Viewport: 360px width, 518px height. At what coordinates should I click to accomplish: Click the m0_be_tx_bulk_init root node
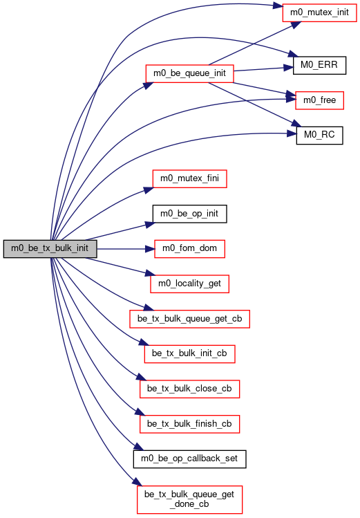click(x=50, y=249)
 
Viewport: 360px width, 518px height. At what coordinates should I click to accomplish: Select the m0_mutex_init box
click(x=319, y=13)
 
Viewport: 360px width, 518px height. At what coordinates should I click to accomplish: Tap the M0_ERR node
click(x=319, y=65)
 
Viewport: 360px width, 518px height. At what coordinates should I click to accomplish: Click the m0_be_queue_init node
click(x=190, y=73)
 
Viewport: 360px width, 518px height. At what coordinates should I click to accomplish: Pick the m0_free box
click(x=319, y=100)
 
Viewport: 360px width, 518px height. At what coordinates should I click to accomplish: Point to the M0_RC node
click(x=319, y=135)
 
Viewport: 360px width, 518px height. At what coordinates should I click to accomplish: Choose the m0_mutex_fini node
click(x=190, y=178)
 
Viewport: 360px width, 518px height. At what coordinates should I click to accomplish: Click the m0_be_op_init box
click(x=190, y=214)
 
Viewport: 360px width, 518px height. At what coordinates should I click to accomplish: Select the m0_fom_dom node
click(x=190, y=249)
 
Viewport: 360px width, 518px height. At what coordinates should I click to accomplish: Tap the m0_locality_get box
click(x=190, y=284)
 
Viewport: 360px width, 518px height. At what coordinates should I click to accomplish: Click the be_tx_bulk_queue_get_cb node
click(x=190, y=319)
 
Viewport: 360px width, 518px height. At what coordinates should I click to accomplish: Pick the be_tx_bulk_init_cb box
click(x=190, y=354)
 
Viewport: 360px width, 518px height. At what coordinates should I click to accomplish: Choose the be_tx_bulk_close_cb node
click(x=190, y=389)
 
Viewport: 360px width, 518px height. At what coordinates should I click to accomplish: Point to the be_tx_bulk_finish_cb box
click(x=190, y=424)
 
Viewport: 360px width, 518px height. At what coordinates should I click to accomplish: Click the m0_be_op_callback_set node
click(x=190, y=459)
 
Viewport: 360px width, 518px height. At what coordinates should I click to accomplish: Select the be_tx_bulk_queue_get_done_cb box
click(x=190, y=499)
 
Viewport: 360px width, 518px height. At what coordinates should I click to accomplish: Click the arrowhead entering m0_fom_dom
click(x=150, y=249)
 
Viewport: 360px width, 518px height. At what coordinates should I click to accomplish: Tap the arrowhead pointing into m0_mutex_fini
click(x=149, y=189)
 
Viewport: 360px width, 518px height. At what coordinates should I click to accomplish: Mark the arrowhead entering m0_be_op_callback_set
click(x=139, y=446)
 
